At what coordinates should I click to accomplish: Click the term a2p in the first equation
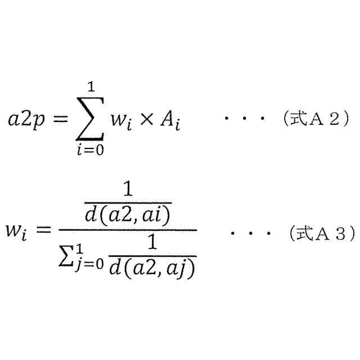(x=31, y=120)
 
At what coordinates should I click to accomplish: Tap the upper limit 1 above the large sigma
(x=90, y=88)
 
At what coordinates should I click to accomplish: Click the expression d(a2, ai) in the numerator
(x=128, y=215)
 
